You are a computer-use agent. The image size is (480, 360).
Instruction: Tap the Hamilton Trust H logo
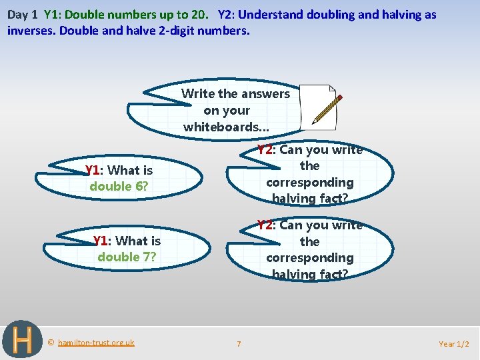coord(22,340)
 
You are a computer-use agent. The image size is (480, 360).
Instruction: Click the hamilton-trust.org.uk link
coord(96,343)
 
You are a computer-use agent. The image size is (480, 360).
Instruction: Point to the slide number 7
coord(239,344)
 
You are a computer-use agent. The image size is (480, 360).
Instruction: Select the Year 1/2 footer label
coord(454,344)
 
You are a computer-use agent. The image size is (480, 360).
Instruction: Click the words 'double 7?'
coord(127,257)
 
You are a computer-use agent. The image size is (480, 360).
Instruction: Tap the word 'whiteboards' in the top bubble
coord(221,127)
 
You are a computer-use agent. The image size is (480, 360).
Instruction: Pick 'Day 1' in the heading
coord(22,14)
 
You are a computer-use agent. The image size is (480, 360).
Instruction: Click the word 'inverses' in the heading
coord(31,30)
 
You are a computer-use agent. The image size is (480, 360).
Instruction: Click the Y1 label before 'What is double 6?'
coord(94,171)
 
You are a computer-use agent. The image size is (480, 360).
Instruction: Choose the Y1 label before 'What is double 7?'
coord(102,241)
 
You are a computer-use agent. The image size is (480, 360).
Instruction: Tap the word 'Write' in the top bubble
coord(197,94)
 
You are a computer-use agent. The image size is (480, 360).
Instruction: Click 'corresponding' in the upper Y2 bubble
coord(310,182)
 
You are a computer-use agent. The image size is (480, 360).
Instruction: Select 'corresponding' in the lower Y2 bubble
coord(310,257)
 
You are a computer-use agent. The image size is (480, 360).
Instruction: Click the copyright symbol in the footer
coord(51,343)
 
